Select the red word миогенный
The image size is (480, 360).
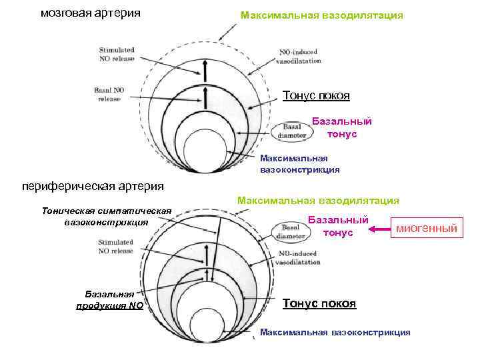[427, 229]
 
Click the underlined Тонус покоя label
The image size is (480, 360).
[319, 303]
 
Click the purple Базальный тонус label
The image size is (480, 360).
[342, 127]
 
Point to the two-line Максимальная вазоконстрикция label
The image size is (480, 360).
[300, 164]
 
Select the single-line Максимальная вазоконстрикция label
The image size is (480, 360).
[335, 332]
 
